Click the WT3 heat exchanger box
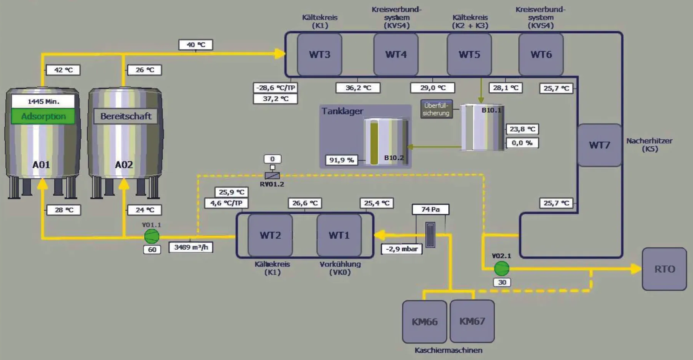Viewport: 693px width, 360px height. click(x=319, y=54)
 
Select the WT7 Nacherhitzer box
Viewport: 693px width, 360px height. click(x=599, y=145)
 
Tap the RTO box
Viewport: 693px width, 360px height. click(x=664, y=269)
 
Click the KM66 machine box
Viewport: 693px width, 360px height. click(x=424, y=322)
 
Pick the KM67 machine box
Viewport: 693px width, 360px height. click(x=472, y=321)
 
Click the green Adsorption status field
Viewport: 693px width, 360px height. click(x=43, y=116)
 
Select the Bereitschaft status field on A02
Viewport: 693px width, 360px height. click(x=126, y=116)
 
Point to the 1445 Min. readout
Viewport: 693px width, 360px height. click(x=43, y=101)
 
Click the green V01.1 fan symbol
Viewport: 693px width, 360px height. click(x=152, y=236)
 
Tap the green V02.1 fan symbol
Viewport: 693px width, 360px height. click(x=502, y=268)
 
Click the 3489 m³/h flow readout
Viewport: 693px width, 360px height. click(x=191, y=247)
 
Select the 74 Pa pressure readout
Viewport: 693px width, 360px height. click(x=430, y=209)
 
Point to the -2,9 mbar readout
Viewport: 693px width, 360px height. click(x=402, y=249)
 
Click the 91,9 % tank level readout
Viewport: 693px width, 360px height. click(x=342, y=160)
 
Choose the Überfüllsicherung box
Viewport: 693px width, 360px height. click(x=436, y=109)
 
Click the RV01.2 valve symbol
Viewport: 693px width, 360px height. click(x=272, y=176)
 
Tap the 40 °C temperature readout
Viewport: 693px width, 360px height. click(x=196, y=45)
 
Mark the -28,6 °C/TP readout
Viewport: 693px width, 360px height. click(x=275, y=88)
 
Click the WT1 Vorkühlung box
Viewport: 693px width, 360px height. click(x=339, y=235)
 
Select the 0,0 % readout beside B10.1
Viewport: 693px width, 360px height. click(x=522, y=143)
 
